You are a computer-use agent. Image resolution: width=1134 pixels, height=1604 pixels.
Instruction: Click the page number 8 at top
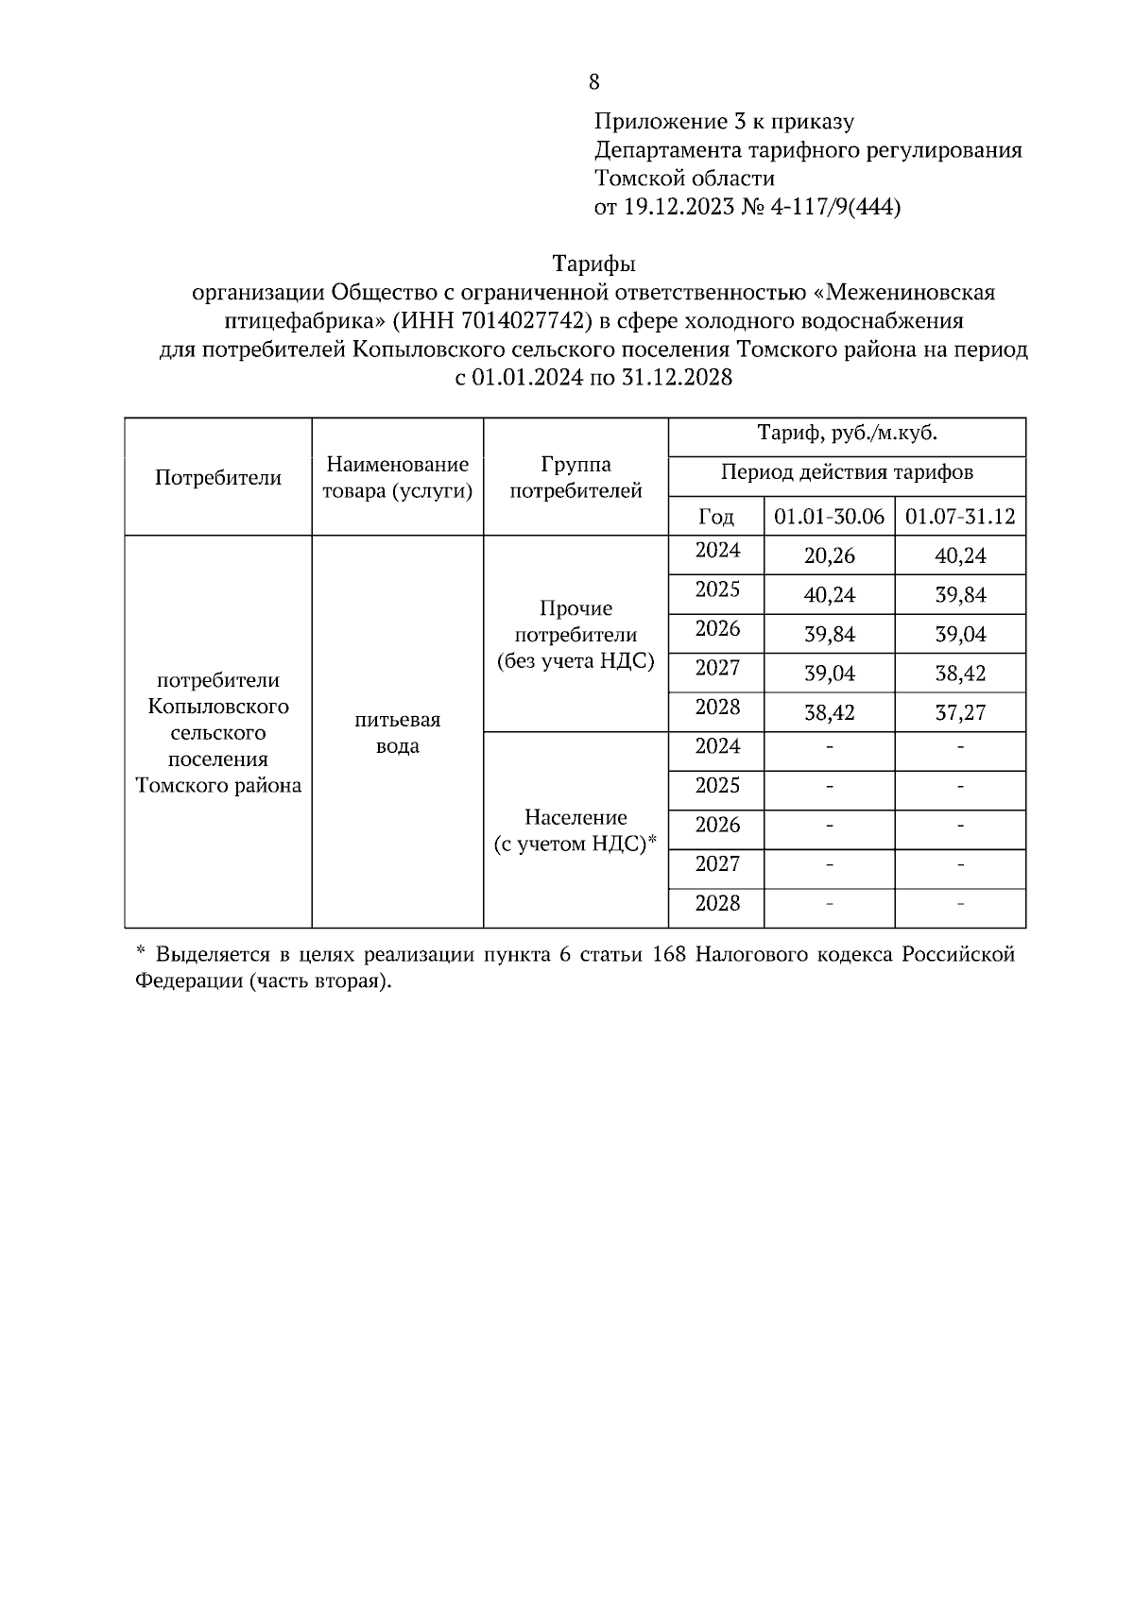[x=593, y=82]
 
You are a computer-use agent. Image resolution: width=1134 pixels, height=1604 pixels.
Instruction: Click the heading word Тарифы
[x=593, y=264]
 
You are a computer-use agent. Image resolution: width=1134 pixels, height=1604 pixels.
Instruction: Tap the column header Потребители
[x=218, y=478]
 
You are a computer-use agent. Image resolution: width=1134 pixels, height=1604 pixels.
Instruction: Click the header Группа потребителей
[x=576, y=477]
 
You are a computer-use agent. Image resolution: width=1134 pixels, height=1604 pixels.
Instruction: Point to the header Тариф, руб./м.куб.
[x=847, y=434]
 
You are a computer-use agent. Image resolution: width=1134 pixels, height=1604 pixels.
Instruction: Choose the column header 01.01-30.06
[x=829, y=517]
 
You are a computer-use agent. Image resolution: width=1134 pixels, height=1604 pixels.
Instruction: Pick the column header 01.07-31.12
[x=960, y=517]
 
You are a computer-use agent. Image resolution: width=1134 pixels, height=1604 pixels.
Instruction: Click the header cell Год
[x=715, y=517]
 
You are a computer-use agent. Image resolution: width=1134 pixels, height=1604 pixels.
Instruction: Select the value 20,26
[x=829, y=556]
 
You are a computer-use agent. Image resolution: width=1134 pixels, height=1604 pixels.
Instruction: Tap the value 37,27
[x=960, y=713]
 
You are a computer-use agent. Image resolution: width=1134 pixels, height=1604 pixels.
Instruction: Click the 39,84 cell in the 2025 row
[x=960, y=596]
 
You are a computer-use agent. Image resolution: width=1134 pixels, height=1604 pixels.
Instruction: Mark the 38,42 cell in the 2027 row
[x=960, y=674]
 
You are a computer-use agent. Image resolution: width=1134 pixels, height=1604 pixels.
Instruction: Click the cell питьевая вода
[x=397, y=733]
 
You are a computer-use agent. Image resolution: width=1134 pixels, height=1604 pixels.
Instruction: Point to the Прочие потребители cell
[x=576, y=635]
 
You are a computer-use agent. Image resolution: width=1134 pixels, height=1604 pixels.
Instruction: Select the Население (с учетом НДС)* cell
[x=576, y=830]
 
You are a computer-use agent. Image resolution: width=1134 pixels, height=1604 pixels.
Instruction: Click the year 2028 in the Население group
[x=717, y=904]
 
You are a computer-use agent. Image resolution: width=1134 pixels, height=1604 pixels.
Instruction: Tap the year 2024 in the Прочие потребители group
[x=717, y=551]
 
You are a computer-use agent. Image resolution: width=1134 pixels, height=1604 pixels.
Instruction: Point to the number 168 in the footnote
[x=668, y=954]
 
